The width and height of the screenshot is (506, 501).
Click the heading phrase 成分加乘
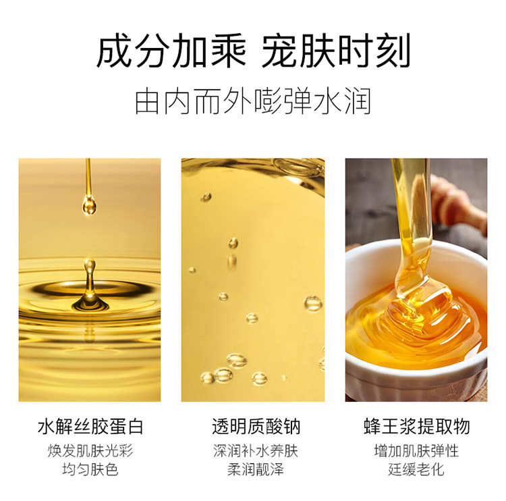pyautogui.click(x=171, y=51)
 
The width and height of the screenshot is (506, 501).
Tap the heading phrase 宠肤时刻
pyautogui.click(x=336, y=51)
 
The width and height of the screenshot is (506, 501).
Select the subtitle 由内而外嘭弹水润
pyautogui.click(x=253, y=101)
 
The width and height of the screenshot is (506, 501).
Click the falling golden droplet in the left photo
pyautogui.click(x=89, y=204)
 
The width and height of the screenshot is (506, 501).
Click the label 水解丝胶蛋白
pyautogui.click(x=90, y=426)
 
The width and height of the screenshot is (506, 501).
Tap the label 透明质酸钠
pyautogui.click(x=256, y=426)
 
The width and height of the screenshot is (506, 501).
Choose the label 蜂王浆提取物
pyautogui.click(x=417, y=426)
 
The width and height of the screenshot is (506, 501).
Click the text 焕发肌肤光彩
pyautogui.click(x=90, y=451)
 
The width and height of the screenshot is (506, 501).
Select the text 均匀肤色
pyautogui.click(x=90, y=469)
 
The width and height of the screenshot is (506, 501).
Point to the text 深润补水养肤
pyautogui.click(x=256, y=451)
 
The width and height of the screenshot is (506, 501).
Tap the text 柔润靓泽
pyautogui.click(x=256, y=469)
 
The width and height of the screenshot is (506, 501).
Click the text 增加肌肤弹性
pyautogui.click(x=416, y=451)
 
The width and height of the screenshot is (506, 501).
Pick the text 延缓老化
pyautogui.click(x=416, y=469)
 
